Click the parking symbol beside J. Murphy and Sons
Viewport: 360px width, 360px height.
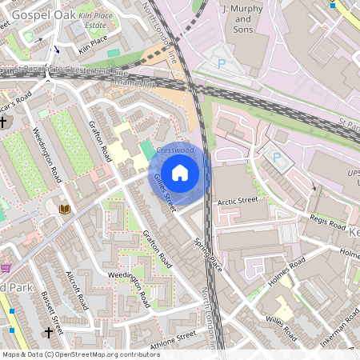click(222, 62)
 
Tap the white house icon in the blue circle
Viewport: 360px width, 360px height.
click(180, 173)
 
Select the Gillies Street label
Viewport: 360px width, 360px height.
click(163, 193)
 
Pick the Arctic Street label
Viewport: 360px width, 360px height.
click(238, 201)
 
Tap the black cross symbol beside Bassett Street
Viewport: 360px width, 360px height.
click(48, 331)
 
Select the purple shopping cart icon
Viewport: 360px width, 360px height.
click(6, 266)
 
